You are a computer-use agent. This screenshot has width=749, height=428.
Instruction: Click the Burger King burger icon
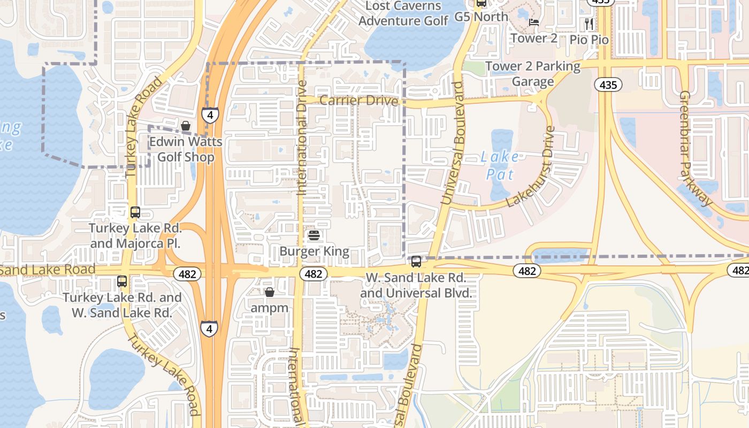click(314, 235)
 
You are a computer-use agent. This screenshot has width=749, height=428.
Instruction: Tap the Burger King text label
click(314, 251)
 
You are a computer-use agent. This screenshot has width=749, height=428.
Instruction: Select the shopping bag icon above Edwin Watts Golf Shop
click(185, 126)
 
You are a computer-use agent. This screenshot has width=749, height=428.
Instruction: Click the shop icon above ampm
click(270, 292)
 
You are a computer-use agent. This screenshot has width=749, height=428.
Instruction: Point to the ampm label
click(270, 308)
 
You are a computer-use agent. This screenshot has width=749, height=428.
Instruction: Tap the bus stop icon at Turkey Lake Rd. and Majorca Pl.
click(135, 212)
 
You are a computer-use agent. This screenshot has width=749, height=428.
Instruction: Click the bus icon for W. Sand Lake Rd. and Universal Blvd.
click(416, 262)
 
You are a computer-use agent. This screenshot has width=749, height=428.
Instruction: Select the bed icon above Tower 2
click(533, 22)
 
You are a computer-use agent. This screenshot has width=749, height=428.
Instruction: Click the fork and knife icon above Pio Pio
click(589, 24)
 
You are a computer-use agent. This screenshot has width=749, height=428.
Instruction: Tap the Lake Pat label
click(500, 165)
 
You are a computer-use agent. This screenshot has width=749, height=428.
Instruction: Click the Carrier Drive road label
click(359, 101)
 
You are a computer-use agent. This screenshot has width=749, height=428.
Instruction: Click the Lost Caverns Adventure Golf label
click(403, 13)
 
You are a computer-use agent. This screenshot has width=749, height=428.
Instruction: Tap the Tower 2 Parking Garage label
click(532, 74)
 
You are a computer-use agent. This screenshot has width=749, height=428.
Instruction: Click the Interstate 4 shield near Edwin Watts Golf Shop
click(210, 115)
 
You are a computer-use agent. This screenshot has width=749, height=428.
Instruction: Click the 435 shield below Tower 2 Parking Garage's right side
click(608, 85)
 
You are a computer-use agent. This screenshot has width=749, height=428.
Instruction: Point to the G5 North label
click(481, 17)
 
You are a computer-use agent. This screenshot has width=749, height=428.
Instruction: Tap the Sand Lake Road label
click(48, 269)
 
